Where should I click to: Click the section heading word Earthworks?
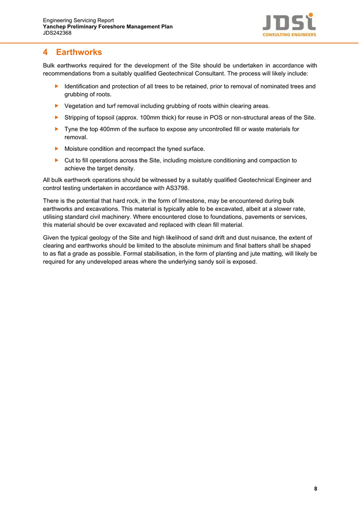coord(79,52)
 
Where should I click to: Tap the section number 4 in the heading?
coord(46,52)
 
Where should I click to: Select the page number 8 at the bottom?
coord(316,489)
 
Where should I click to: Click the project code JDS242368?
coord(57,33)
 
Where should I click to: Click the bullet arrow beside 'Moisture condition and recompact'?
coord(57,149)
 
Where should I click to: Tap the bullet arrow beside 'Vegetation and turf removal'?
coord(57,106)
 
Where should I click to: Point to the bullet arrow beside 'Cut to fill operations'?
coord(57,160)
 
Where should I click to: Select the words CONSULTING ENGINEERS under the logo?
coord(289,35)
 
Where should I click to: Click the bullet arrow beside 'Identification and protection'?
coord(57,86)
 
